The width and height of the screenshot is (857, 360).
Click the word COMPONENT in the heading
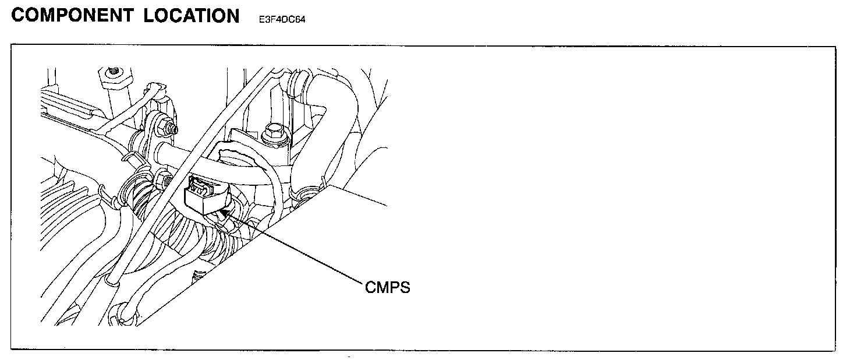[72, 16]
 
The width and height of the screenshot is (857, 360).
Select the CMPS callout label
[387, 287]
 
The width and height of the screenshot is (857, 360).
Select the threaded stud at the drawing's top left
[113, 73]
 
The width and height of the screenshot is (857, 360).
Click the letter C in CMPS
[371, 287]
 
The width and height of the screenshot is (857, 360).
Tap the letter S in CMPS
[405, 287]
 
